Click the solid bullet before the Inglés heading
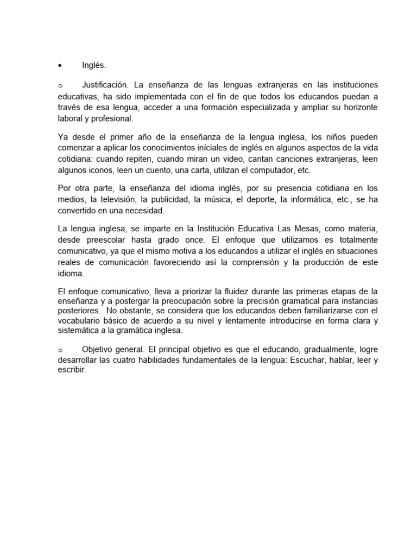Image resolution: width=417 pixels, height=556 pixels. [60, 66]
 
